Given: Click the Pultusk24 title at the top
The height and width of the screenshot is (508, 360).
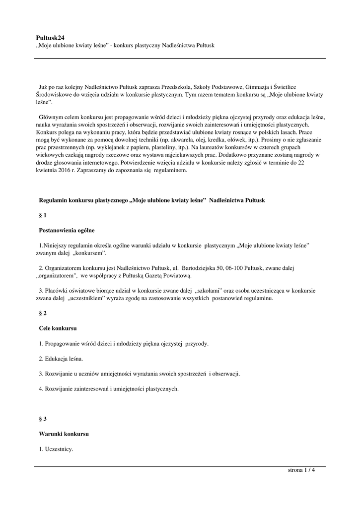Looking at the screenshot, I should tap(50, 37).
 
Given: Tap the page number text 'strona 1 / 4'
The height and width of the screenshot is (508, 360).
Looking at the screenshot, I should tap(301, 470).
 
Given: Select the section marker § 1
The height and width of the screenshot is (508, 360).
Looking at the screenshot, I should tap(43, 215).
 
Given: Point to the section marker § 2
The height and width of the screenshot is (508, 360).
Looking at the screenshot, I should tap(43, 314).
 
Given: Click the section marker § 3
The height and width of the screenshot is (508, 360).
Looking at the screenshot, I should tap(43, 419).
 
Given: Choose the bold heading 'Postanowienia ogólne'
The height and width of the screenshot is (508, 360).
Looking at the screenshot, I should tap(67, 230).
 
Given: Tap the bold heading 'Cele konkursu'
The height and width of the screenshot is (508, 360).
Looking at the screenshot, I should tap(58, 328).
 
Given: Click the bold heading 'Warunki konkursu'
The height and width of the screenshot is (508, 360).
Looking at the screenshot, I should tap(64, 434).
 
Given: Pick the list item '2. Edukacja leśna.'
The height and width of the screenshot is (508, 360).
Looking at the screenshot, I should tap(61, 358).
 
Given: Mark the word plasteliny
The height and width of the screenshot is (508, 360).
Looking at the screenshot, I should tap(147, 148).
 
